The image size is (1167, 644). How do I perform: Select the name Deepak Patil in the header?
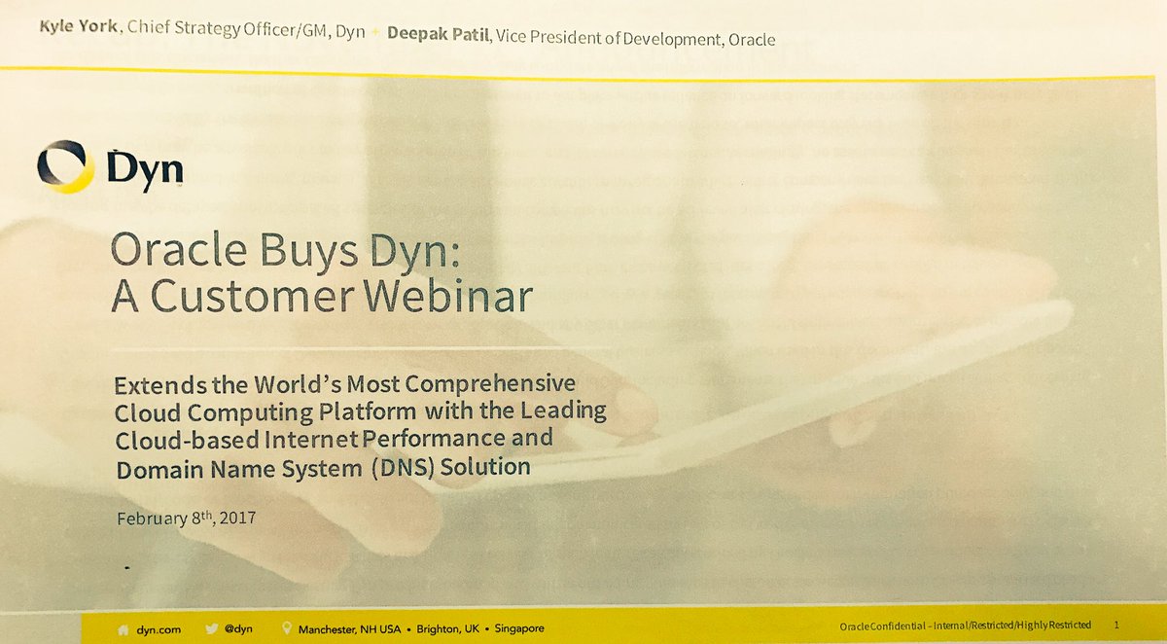coord(437,36)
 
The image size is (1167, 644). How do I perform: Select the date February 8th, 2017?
coord(186,517)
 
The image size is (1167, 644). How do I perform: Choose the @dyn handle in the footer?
coord(238,628)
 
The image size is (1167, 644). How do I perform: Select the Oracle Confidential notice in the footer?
coord(964,625)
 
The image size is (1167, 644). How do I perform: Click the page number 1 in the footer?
coord(1116,624)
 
